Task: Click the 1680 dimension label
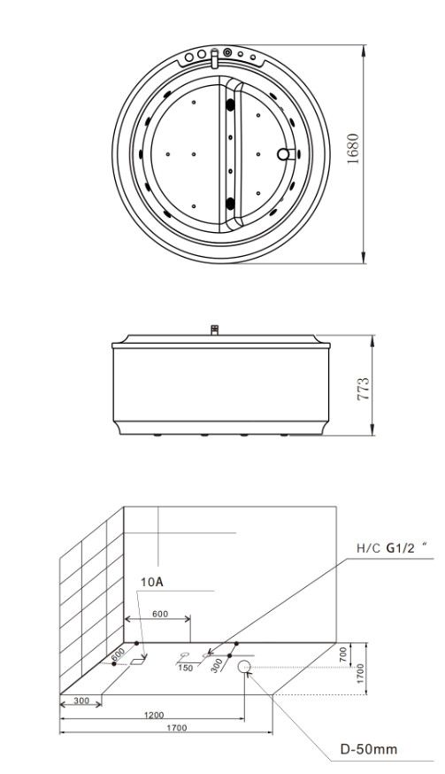point(353,149)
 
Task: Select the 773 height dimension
point(363,389)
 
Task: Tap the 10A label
point(151,582)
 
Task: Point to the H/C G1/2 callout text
point(391,548)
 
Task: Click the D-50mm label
point(369,749)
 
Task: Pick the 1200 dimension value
point(155,715)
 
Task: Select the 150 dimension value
point(186,669)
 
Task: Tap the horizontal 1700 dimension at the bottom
point(177,728)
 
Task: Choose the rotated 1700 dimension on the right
point(360,673)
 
